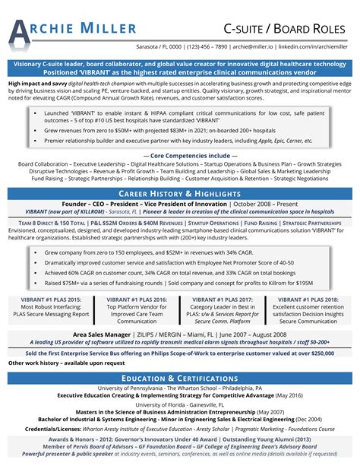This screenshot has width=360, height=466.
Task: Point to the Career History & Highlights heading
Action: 180,195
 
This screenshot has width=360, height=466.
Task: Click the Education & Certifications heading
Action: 180,378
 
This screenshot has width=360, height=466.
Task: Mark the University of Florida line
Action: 180,405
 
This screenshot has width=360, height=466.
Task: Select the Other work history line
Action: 55,363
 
